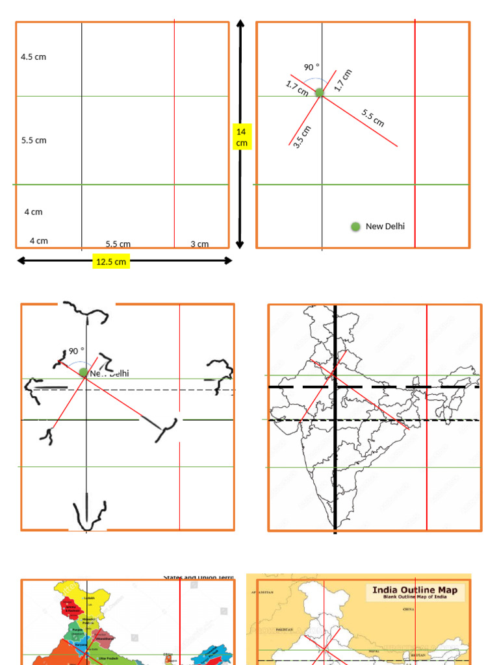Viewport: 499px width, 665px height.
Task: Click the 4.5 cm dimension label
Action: tap(33, 57)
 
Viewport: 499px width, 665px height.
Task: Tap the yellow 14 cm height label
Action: tap(242, 137)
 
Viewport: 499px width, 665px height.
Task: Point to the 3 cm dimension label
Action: tap(199, 244)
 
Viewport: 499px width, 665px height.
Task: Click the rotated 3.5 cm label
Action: tap(302, 137)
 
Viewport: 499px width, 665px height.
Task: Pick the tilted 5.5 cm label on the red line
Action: tap(373, 118)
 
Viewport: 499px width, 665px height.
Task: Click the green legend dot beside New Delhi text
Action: tap(355, 227)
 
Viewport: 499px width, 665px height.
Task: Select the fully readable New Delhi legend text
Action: tap(385, 227)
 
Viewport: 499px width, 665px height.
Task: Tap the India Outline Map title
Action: tap(415, 590)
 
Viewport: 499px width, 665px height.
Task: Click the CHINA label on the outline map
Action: tap(409, 610)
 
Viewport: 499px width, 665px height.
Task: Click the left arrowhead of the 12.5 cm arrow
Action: tap(20, 261)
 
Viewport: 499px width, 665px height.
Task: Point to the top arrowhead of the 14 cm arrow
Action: tap(240, 24)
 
